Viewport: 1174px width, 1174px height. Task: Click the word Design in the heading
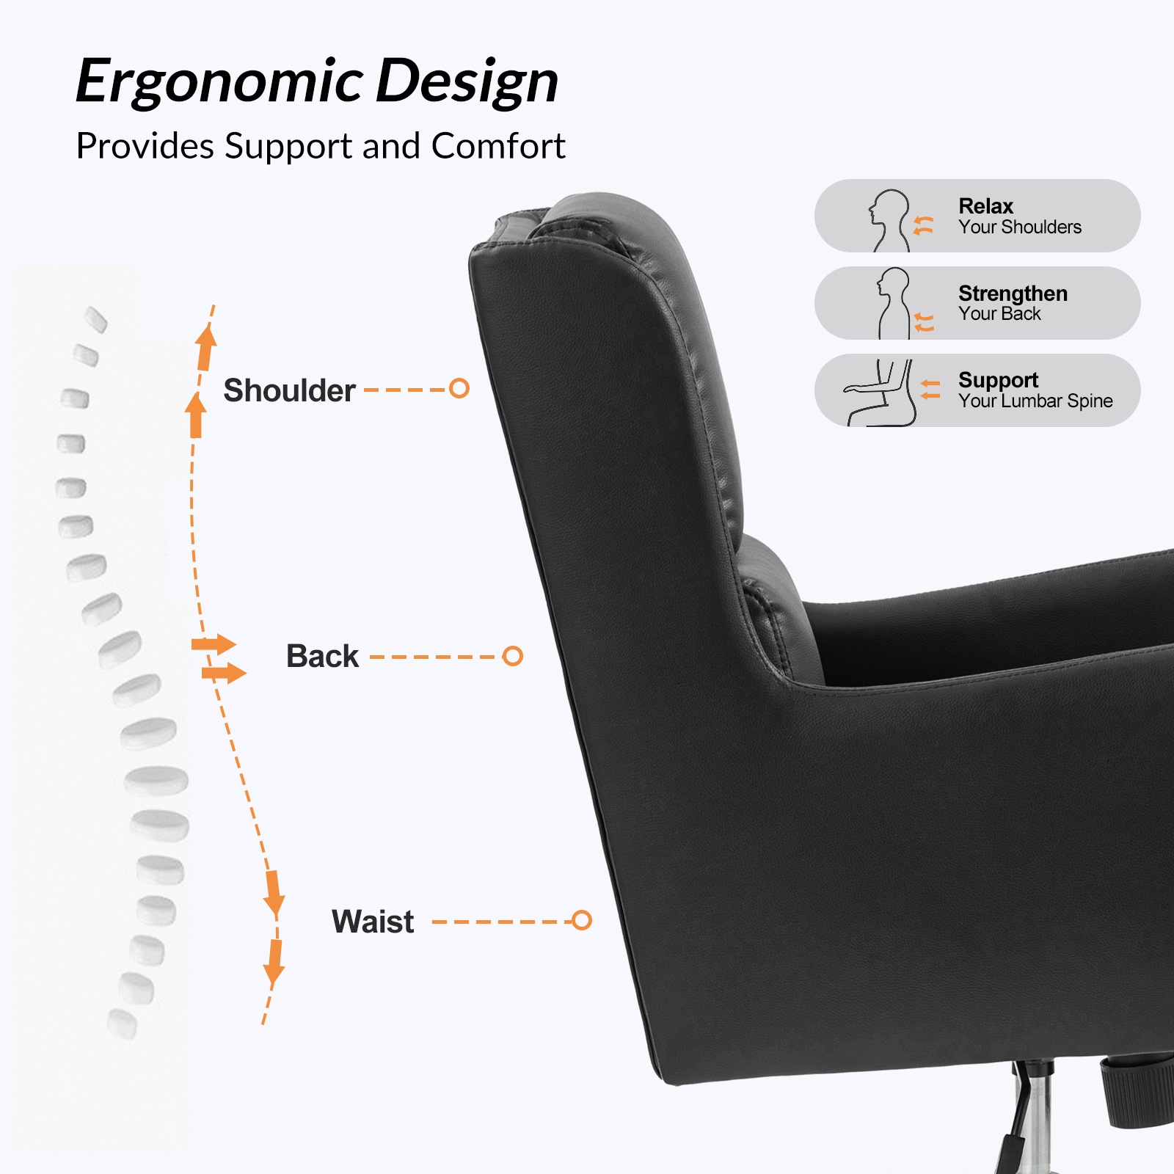coord(467,82)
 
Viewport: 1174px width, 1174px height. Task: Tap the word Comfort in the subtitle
coord(498,146)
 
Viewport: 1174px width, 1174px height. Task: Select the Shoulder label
coord(289,390)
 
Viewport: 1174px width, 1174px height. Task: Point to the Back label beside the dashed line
coord(322,656)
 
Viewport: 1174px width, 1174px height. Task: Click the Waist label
coord(373,922)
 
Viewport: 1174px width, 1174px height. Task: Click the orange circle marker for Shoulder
coord(459,388)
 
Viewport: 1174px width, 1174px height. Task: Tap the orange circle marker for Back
coord(512,656)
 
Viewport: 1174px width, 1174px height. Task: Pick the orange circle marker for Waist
coord(582,920)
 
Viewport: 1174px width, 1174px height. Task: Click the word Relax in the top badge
coord(985,206)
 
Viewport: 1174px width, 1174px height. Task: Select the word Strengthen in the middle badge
coord(1013,293)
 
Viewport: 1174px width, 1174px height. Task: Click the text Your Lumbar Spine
coord(1035,401)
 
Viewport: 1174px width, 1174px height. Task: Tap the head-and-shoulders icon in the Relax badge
coord(889,220)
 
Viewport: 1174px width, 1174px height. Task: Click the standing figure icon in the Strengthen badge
coord(894,303)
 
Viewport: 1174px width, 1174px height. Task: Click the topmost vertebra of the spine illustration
coord(96,319)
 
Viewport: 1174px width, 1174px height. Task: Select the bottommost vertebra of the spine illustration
coord(123,1024)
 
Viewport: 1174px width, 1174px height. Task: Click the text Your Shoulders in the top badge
coord(1020,227)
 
